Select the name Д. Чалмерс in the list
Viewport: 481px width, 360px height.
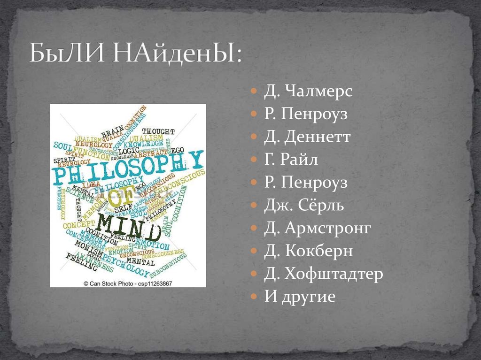(308, 92)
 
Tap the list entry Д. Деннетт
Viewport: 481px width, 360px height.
(307, 137)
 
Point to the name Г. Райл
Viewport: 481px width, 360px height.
(291, 160)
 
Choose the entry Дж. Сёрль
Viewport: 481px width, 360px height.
(304, 206)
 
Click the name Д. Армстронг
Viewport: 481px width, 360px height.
(318, 229)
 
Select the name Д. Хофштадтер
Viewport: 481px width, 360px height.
(324, 274)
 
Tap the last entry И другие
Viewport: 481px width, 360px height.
(300, 297)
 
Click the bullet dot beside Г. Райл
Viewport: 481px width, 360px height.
(254, 160)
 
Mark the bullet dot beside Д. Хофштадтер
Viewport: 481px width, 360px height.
(254, 274)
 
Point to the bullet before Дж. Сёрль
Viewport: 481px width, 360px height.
(254, 206)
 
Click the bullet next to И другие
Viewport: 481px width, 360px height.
(254, 297)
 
